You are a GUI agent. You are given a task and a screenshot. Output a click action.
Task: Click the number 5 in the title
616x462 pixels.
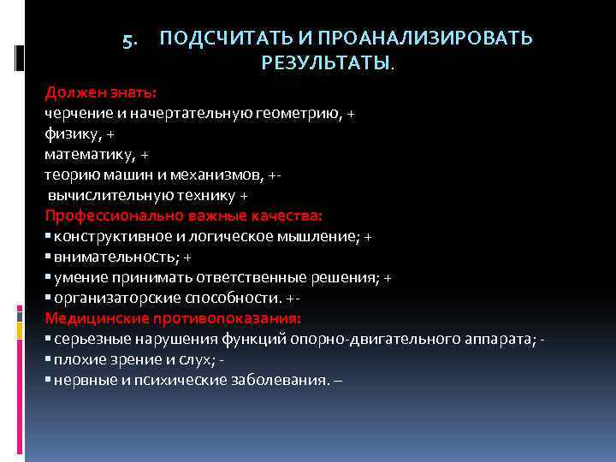tap(128, 40)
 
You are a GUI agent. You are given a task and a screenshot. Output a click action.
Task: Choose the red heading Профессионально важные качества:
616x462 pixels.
tap(183, 216)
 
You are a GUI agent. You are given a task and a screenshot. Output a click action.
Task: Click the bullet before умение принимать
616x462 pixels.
tap(49, 278)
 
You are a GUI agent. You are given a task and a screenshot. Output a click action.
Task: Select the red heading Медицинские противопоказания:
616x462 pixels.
tap(173, 319)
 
